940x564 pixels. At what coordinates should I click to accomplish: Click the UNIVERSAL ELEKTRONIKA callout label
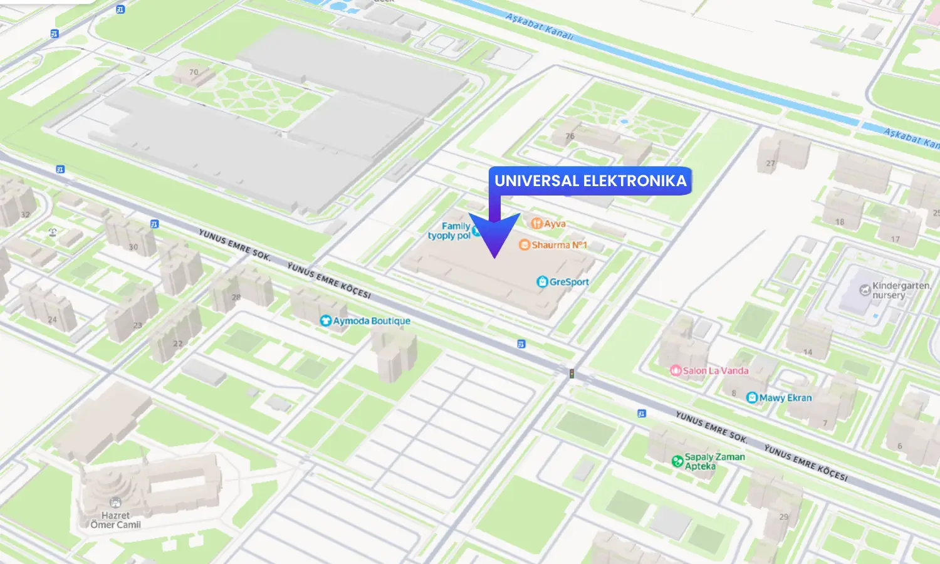590,181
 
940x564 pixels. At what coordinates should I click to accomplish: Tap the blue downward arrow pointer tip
494,256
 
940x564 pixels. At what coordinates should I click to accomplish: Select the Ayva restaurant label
555,224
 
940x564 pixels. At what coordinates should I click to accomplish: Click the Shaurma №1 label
559,245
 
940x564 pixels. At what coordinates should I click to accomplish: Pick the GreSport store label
569,282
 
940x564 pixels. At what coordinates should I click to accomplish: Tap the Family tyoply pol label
449,231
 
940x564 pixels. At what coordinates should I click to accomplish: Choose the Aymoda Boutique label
372,321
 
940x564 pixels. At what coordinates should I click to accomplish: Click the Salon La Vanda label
716,370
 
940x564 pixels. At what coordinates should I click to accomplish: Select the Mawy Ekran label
785,398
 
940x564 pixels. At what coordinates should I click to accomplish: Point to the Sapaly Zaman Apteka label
714,461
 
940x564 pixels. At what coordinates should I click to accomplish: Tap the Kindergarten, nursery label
901,290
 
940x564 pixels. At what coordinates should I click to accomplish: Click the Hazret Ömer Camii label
115,520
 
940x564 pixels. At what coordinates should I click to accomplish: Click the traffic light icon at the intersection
572,374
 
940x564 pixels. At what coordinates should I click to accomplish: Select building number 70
194,72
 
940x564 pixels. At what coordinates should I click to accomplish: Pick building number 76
570,136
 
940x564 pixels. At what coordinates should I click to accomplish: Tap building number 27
770,164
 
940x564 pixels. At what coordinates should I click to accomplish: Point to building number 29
783,517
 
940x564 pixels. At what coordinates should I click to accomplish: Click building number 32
25,215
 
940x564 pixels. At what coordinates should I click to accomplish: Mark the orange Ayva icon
536,224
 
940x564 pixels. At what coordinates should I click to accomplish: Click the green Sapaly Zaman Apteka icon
677,461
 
